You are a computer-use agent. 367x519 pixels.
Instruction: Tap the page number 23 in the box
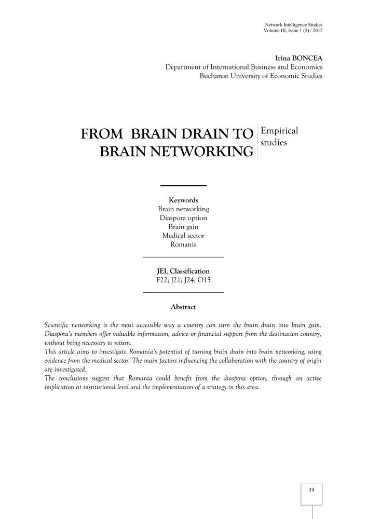[311, 489]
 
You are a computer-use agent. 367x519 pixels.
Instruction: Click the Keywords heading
[183, 200]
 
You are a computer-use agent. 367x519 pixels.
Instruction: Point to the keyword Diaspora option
[183, 218]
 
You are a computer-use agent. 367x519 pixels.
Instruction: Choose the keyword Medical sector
[183, 236]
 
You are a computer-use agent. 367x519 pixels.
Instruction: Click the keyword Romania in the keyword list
[183, 244]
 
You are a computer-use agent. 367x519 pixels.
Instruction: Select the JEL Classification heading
[183, 271]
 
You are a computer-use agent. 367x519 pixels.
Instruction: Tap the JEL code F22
[163, 280]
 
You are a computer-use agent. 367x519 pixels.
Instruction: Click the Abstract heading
[183, 307]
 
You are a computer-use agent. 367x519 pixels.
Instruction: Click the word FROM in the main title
[101, 134]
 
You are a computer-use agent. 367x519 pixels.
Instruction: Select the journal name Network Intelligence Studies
[293, 24]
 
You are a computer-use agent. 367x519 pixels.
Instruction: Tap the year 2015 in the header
[317, 31]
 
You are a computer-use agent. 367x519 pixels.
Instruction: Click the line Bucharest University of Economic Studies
[261, 76]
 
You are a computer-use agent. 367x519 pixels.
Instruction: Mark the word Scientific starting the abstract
[59, 325]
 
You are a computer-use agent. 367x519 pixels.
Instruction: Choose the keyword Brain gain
[183, 227]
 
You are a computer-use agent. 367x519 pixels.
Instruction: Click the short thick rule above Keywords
[183, 185]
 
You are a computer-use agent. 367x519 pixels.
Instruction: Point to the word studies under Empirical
[274, 142]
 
